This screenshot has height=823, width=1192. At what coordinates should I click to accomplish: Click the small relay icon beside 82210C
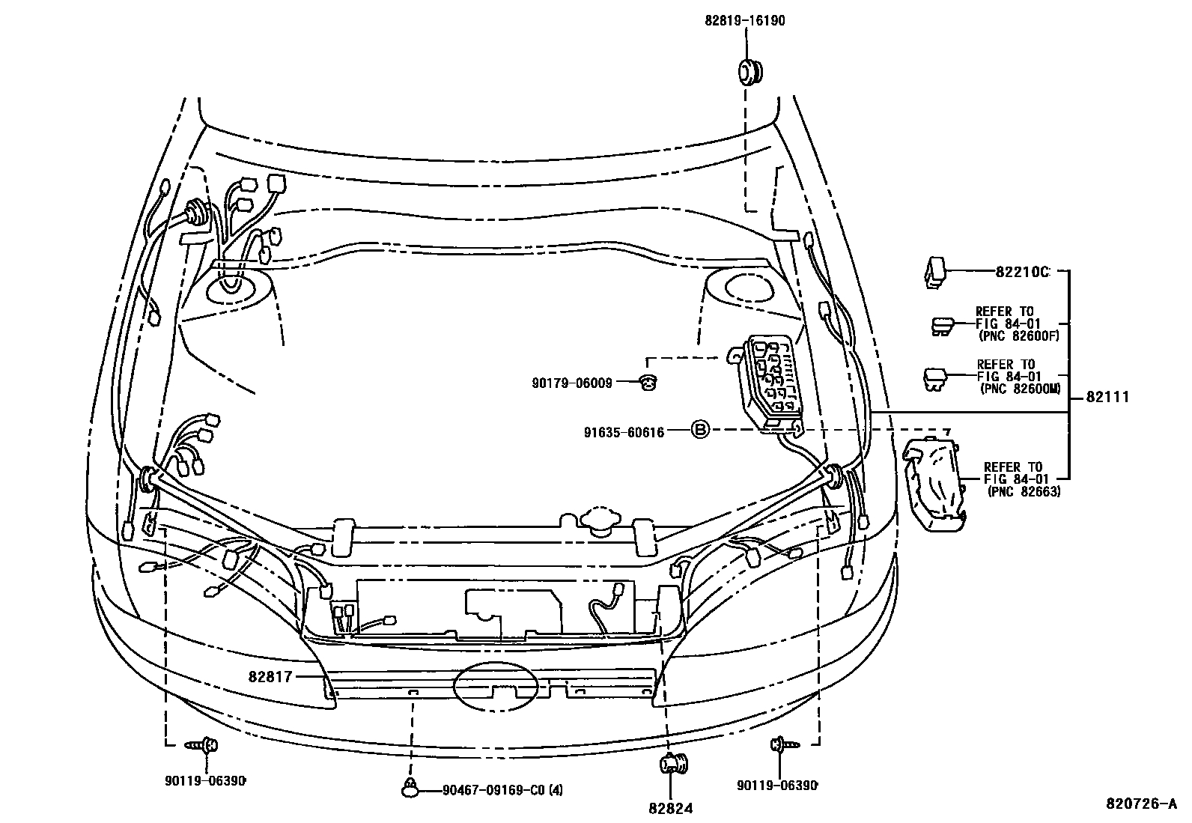pos(934,272)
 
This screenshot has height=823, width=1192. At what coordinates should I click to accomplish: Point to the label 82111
pos(1107,398)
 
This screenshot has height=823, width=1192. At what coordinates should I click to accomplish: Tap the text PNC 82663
pos(1024,491)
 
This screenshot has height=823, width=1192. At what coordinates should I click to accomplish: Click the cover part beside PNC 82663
pos(931,485)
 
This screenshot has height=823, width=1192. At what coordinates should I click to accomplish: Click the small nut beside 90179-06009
pos(648,383)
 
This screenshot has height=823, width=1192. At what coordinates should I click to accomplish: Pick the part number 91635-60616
pos(624,432)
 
